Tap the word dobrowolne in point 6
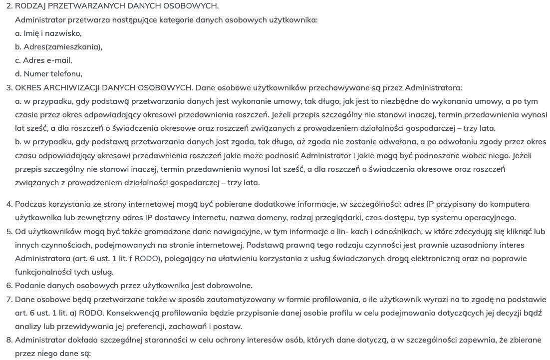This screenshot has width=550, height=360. click(x=233, y=286)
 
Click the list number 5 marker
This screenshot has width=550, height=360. click(x=9, y=232)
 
